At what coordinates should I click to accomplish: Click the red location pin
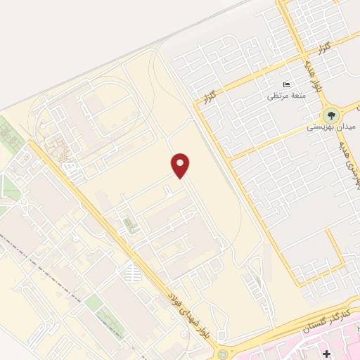point(181,166)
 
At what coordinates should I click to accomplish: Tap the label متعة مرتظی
point(285,96)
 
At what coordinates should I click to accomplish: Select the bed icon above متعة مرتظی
point(285,84)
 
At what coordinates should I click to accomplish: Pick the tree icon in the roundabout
point(330,115)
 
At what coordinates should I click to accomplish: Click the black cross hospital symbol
point(327,351)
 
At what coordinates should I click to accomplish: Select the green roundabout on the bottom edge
point(224,354)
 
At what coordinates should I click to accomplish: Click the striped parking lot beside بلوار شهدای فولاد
point(131,271)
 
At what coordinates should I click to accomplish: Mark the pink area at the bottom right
point(295,348)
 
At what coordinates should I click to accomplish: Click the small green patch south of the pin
point(128,226)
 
